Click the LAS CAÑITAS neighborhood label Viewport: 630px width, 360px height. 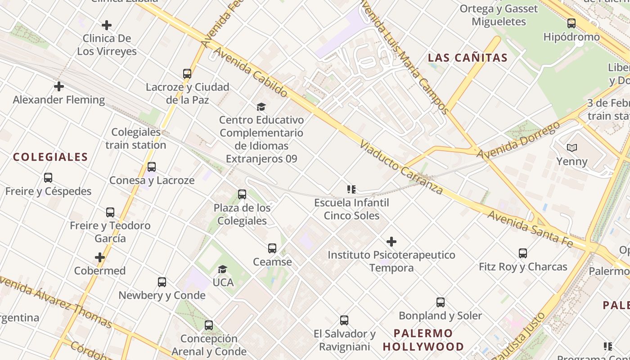[468, 58]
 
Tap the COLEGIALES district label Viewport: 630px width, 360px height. [50, 157]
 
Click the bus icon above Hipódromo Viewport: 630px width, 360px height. [571, 23]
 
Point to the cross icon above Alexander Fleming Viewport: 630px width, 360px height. [59, 86]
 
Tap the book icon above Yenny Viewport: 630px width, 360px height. [572, 148]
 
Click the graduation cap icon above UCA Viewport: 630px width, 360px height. [222, 269]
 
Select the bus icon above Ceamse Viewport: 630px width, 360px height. [272, 248]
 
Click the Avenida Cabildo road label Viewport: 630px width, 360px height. [250, 72]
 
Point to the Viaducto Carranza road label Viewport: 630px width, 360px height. [402, 167]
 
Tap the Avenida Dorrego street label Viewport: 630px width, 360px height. [518, 139]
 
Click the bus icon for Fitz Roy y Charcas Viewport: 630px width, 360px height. [523, 253]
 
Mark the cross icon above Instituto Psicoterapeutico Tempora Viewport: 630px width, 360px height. [391, 242]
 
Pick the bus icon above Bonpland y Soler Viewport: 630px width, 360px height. [441, 302]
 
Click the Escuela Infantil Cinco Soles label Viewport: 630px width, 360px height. [351, 209]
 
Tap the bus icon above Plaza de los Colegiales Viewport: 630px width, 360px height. [242, 194]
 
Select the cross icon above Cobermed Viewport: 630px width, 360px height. [100, 257]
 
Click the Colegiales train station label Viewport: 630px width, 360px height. [136, 139]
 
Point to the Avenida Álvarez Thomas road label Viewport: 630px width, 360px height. [56, 301]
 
